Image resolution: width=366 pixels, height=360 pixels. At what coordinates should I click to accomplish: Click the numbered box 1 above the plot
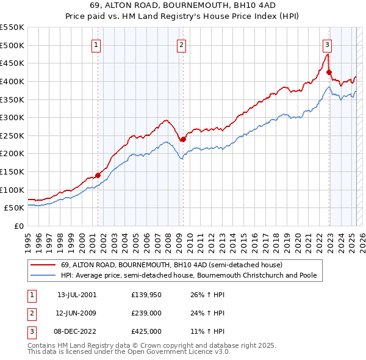[x=97, y=44]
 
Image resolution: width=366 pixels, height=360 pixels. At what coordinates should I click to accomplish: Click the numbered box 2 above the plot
[x=182, y=44]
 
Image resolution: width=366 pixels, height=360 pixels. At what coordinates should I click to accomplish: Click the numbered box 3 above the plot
[x=328, y=44]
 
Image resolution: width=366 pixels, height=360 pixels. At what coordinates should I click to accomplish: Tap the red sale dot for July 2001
[x=98, y=175]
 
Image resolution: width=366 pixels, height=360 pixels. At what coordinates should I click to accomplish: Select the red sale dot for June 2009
[x=182, y=139]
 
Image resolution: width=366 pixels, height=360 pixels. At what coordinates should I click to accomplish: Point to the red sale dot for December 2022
[x=329, y=72]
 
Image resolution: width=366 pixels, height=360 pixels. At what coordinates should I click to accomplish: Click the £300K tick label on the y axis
[x=12, y=117]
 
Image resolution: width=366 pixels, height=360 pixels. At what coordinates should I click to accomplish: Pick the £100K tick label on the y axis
[x=12, y=190]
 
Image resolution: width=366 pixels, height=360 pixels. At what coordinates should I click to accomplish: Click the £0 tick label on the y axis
[x=18, y=226]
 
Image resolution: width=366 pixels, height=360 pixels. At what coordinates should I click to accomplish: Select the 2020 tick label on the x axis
[x=297, y=238]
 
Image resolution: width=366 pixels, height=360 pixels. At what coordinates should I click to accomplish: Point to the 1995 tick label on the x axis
[x=28, y=238]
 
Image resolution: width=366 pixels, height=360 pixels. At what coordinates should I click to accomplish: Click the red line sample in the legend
[x=43, y=265]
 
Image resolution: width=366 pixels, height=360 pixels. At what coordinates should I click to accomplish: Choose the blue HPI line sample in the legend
[x=43, y=275]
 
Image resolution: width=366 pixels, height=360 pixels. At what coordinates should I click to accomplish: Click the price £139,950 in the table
[x=146, y=295]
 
